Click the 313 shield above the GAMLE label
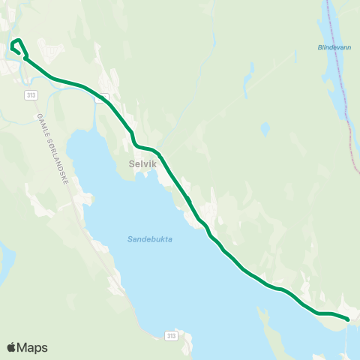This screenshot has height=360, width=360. (31, 95)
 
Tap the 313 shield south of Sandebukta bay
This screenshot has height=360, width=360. (172, 335)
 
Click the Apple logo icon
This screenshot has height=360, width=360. (11, 347)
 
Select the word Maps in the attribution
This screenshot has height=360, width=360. (32, 347)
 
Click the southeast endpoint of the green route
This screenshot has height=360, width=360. (348, 319)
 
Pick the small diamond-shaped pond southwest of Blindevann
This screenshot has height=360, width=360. (265, 128)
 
